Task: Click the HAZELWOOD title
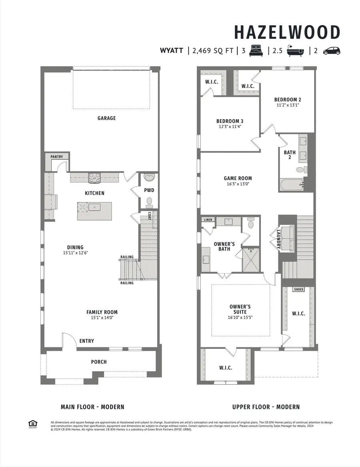click(287, 32)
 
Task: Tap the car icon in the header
click(331, 51)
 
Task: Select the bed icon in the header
click(256, 51)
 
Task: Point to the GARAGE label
click(106, 118)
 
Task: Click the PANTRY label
click(57, 157)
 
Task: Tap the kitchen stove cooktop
click(95, 177)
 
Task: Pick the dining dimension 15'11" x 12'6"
click(75, 253)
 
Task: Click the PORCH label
click(99, 362)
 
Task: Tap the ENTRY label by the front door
click(87, 341)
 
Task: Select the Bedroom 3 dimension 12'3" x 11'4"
click(230, 126)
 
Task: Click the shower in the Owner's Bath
click(251, 259)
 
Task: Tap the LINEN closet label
click(208, 220)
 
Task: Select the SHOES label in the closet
click(298, 289)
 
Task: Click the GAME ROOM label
click(238, 178)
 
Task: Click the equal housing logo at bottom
click(32, 424)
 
